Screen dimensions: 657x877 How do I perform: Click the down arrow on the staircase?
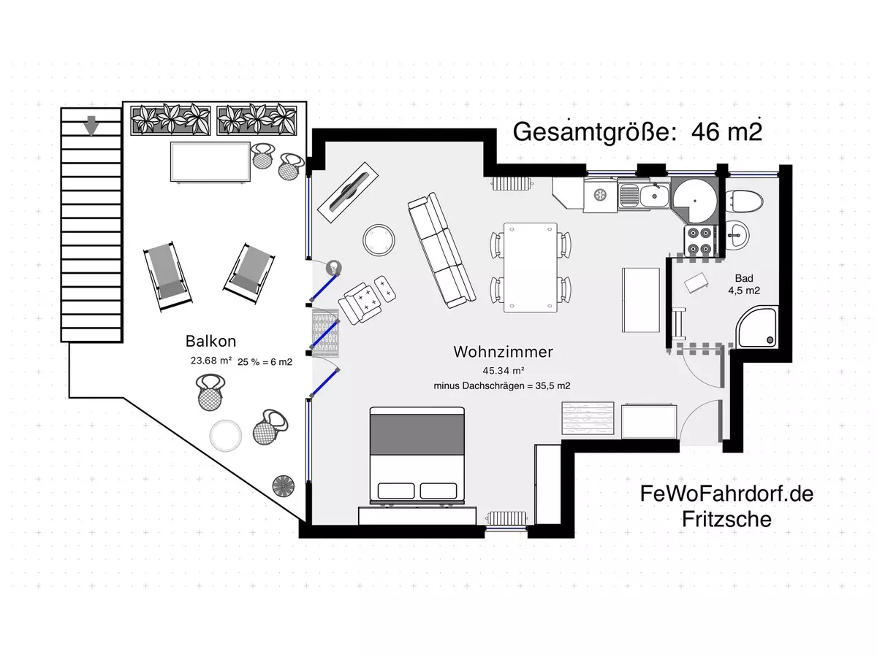[x=91, y=126]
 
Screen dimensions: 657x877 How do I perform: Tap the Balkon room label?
[x=210, y=341]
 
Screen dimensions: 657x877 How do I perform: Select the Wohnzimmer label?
[x=503, y=352]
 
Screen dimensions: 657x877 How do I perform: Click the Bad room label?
[x=744, y=278]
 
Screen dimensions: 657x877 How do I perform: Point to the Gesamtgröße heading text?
[x=637, y=132]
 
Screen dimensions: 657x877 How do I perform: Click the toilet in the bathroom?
[x=746, y=200]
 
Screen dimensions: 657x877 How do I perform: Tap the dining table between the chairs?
[x=531, y=267]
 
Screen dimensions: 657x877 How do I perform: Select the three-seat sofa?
[x=441, y=250]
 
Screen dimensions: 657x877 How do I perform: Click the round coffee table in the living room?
[x=379, y=239]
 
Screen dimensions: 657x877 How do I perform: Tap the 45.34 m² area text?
[x=503, y=369]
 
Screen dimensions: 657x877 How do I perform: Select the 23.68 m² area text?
[x=210, y=360]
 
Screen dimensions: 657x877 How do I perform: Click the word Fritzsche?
[x=726, y=519]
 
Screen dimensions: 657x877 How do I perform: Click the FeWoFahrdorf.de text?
[x=726, y=494]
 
